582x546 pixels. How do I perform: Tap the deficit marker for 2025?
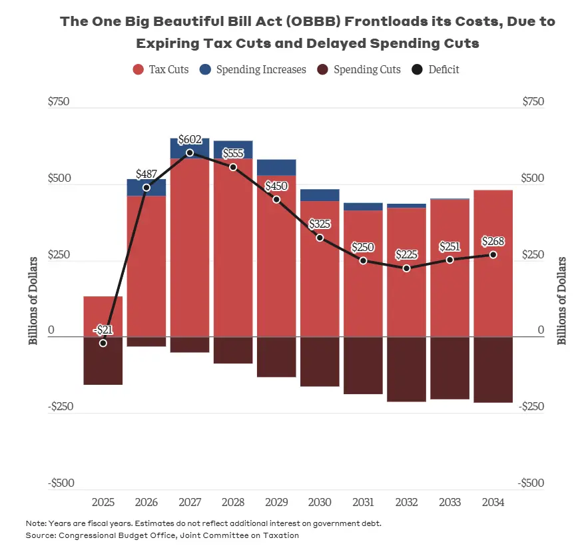point(103,343)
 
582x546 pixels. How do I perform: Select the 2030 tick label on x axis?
point(320,502)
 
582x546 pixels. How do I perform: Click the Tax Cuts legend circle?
point(139,69)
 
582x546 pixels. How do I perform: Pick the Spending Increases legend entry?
point(253,69)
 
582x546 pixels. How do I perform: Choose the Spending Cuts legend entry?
point(360,69)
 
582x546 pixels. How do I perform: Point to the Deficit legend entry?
point(437,69)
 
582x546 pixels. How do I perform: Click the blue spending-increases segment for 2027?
point(190,148)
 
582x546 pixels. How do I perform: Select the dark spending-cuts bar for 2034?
point(493,370)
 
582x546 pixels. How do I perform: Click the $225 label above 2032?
point(406,254)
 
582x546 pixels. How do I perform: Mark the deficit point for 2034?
point(493,255)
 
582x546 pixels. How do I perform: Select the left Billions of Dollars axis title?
point(33,300)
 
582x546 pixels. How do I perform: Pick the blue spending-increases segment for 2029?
point(276,167)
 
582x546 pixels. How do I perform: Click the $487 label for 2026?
point(146,174)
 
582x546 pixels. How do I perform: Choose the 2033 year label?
point(449,502)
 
